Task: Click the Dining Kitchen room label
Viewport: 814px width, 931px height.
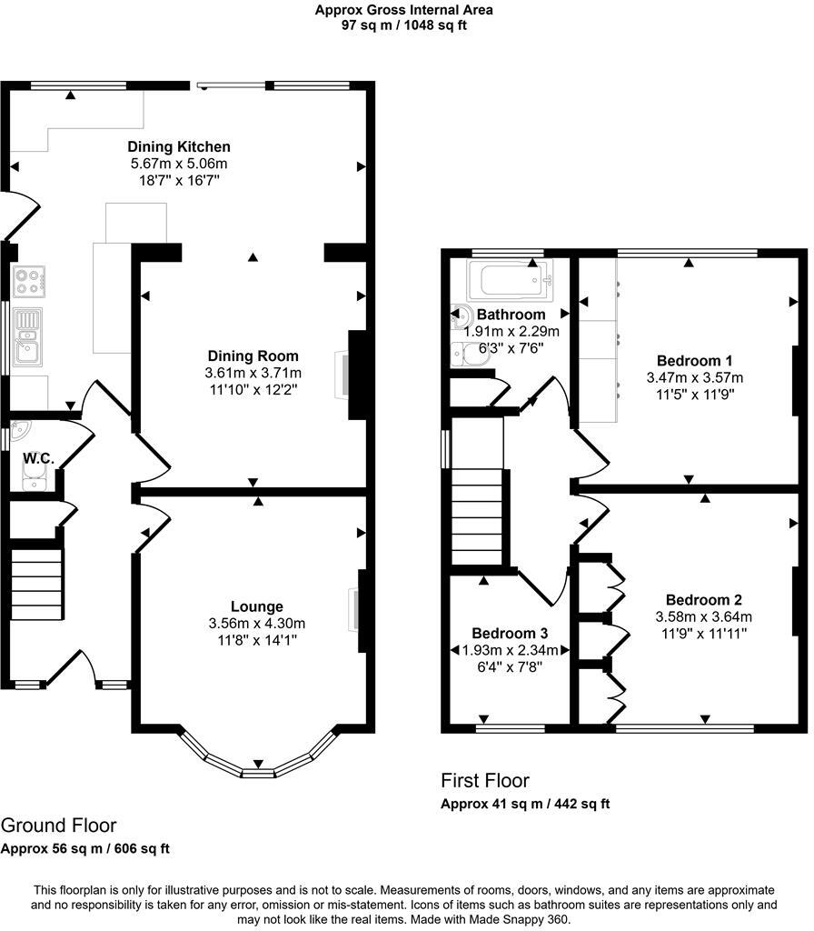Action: [x=179, y=146]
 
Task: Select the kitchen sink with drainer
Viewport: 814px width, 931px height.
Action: [x=27, y=336]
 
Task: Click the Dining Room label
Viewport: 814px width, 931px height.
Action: [x=253, y=356]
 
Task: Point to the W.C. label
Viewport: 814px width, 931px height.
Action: [x=38, y=458]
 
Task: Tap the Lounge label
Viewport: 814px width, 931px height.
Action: [x=256, y=606]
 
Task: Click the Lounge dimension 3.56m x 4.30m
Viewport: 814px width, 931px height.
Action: [x=256, y=624]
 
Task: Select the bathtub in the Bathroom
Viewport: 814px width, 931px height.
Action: [x=511, y=280]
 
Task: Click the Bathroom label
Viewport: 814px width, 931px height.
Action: [x=511, y=315]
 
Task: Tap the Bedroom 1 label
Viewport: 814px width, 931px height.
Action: [x=694, y=361]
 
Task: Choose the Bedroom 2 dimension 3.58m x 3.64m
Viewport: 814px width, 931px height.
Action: [x=704, y=617]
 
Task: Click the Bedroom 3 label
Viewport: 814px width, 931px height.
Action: [x=510, y=634]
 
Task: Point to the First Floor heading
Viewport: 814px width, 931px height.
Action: [x=485, y=780]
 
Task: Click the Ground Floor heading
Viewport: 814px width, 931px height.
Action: [x=59, y=826]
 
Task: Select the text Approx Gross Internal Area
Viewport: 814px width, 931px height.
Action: [x=403, y=10]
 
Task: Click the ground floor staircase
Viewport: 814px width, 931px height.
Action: [x=36, y=585]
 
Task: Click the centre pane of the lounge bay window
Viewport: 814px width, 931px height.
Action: [x=258, y=773]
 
